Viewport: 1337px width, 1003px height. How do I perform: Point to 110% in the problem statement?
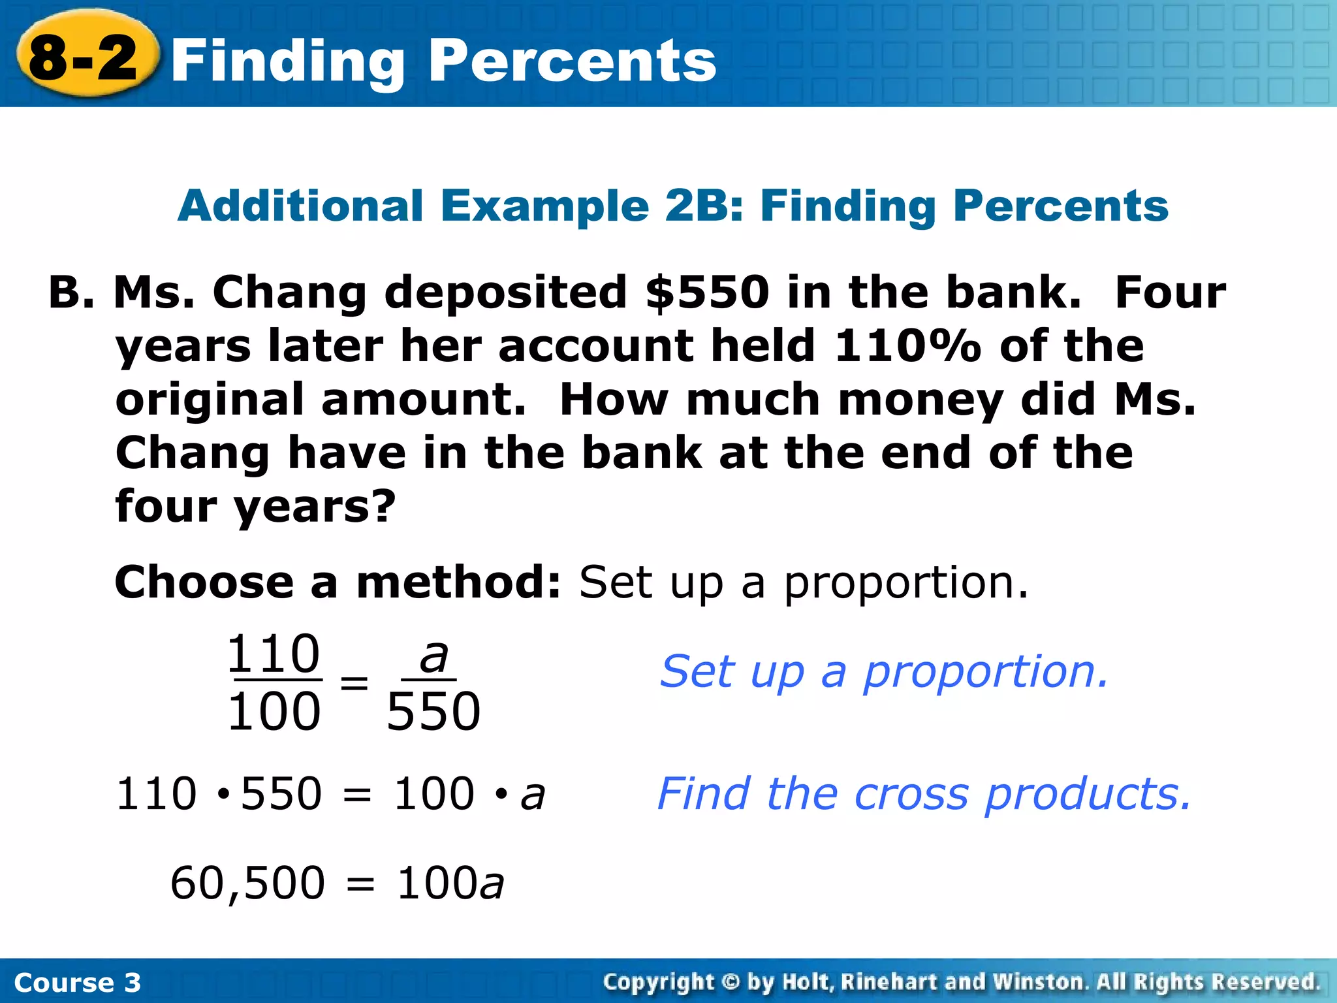[907, 345]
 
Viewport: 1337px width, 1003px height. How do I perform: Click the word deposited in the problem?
[506, 292]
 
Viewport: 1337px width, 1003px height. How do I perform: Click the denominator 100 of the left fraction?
[274, 711]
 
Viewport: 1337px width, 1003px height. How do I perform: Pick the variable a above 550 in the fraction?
[433, 656]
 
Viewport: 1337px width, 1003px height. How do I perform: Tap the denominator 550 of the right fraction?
[433, 711]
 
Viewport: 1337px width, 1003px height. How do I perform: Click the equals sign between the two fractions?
[354, 683]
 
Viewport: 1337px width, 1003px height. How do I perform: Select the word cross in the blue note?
[911, 794]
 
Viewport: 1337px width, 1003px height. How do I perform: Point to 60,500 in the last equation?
[247, 883]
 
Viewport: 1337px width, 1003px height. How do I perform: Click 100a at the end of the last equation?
[450, 883]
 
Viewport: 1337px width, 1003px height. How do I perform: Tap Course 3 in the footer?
[77, 982]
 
